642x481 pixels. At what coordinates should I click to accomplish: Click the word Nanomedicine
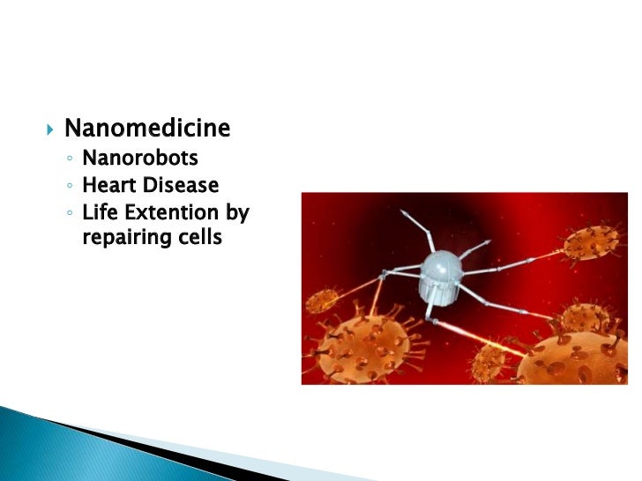[147, 129]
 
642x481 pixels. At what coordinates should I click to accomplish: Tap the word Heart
[108, 186]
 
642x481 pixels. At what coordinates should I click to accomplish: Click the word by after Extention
[237, 212]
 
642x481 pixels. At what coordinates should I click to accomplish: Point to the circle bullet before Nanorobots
[69, 160]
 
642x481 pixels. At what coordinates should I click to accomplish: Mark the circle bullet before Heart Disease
[69, 187]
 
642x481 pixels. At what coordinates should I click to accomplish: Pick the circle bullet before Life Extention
[69, 213]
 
